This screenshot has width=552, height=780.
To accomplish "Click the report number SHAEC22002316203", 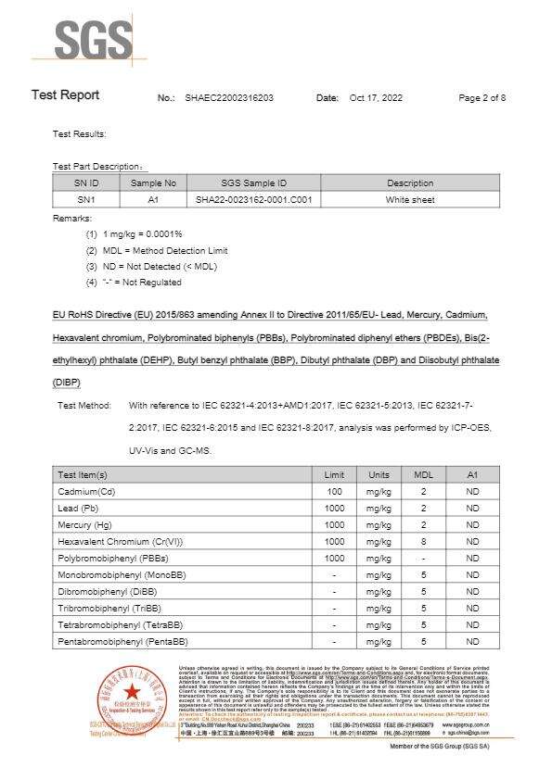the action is point(229,97).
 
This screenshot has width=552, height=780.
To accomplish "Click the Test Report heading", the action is point(65,95).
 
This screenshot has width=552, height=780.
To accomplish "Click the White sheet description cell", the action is point(410,200).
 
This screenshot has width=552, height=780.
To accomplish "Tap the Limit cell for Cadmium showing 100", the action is point(335,491).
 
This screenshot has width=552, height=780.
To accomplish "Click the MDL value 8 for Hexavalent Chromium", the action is point(423,541).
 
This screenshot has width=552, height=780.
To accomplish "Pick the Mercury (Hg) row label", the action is point(85,524).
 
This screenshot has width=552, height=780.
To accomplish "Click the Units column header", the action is point(379,474).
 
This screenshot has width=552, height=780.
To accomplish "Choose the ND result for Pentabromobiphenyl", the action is point(472,641).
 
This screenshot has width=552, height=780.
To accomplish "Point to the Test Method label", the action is point(84,406).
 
